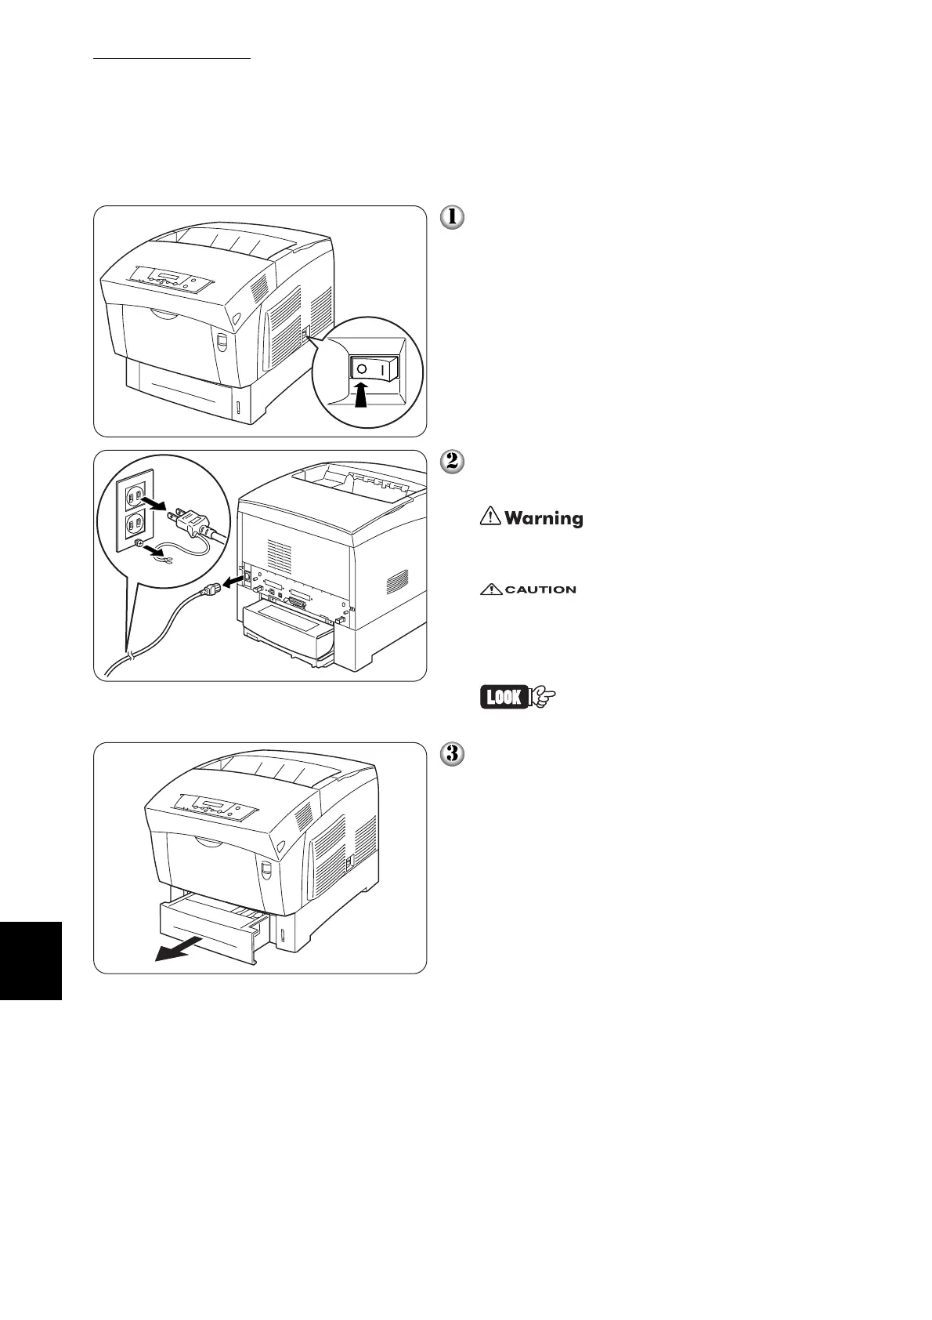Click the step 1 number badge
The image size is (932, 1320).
453,217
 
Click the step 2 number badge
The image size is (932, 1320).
453,462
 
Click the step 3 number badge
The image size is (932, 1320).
453,754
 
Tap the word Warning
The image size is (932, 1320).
544,518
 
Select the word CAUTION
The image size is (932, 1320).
540,589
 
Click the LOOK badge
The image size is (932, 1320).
504,696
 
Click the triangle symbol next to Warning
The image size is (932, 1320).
490,517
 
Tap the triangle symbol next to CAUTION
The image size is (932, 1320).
490,589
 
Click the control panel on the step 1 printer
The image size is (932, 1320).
171,279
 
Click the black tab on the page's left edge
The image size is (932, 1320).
31,960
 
